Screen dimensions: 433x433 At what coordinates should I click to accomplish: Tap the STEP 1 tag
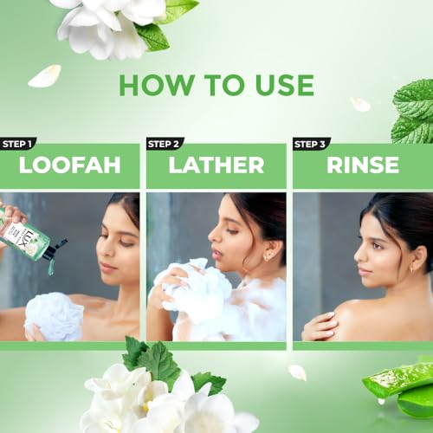coord(18,144)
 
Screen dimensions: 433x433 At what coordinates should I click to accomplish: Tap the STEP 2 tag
coord(165,144)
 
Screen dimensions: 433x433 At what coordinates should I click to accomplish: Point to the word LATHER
coord(216,165)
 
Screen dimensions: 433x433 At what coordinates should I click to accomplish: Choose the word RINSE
coord(362,165)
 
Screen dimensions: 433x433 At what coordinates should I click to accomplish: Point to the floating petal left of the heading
coord(43,76)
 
